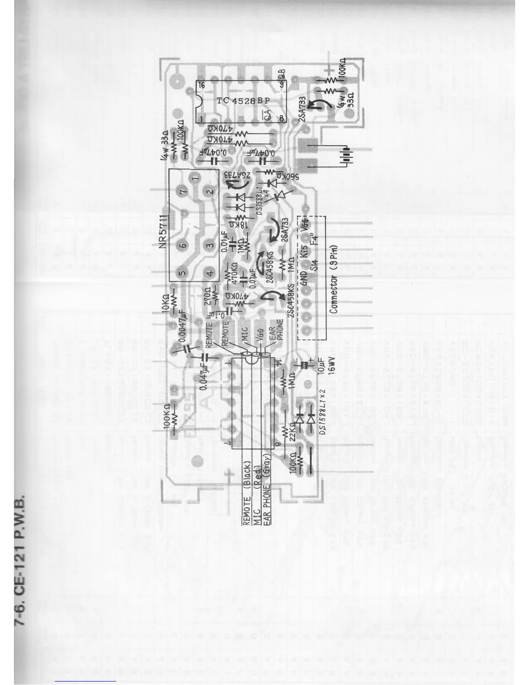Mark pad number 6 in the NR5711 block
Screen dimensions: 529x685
tap(183, 246)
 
